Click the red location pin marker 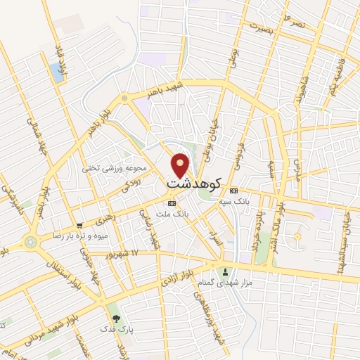tap(181, 165)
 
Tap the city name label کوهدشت tap(194, 184)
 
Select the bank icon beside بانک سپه tap(234, 191)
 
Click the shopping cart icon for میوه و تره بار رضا tap(79, 226)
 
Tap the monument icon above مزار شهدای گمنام tap(225, 271)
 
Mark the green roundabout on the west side tap(30, 242)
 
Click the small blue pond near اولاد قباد tap(56, 71)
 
